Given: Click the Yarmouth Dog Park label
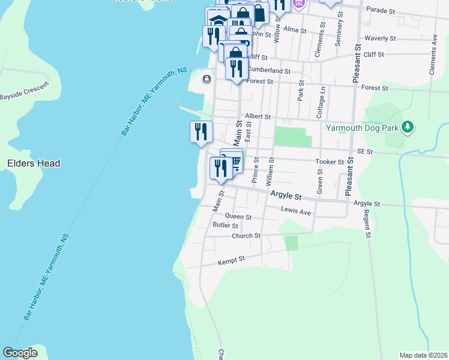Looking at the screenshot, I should point(363,127).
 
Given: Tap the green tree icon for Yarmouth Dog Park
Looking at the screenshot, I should point(408,127).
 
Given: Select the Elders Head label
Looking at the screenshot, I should point(34,163).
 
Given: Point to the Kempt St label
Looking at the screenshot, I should point(234,259).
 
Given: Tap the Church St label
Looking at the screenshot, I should point(246,236).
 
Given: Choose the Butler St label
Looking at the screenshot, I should point(226,226).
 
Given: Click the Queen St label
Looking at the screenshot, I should point(238,216).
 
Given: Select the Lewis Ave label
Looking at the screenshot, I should point(297,211).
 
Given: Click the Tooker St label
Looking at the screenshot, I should point(330,161).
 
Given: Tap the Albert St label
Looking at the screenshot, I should point(258,116).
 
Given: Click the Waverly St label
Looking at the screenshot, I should point(382,38).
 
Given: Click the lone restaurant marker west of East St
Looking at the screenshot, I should point(201,131).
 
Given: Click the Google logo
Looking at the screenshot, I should point(20,353).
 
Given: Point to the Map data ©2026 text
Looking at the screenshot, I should point(423,355).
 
